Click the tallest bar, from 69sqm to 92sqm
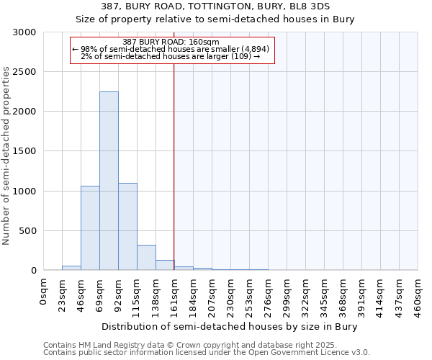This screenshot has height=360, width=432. click(x=109, y=181)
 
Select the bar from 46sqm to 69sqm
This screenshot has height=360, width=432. click(x=90, y=228)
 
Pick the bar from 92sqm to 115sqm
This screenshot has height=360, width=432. click(x=127, y=227)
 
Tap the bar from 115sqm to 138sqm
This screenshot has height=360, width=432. click(x=146, y=258)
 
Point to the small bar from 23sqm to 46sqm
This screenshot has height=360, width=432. click(x=71, y=268)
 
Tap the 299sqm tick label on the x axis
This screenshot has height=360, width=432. click(x=287, y=293)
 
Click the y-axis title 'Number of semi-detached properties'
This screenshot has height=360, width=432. click(x=7, y=156)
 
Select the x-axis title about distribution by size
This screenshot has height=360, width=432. click(x=229, y=326)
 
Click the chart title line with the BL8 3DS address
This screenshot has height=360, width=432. click(x=216, y=6)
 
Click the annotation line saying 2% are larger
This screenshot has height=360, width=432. click(x=171, y=56)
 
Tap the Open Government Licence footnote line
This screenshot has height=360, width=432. click(x=206, y=353)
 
